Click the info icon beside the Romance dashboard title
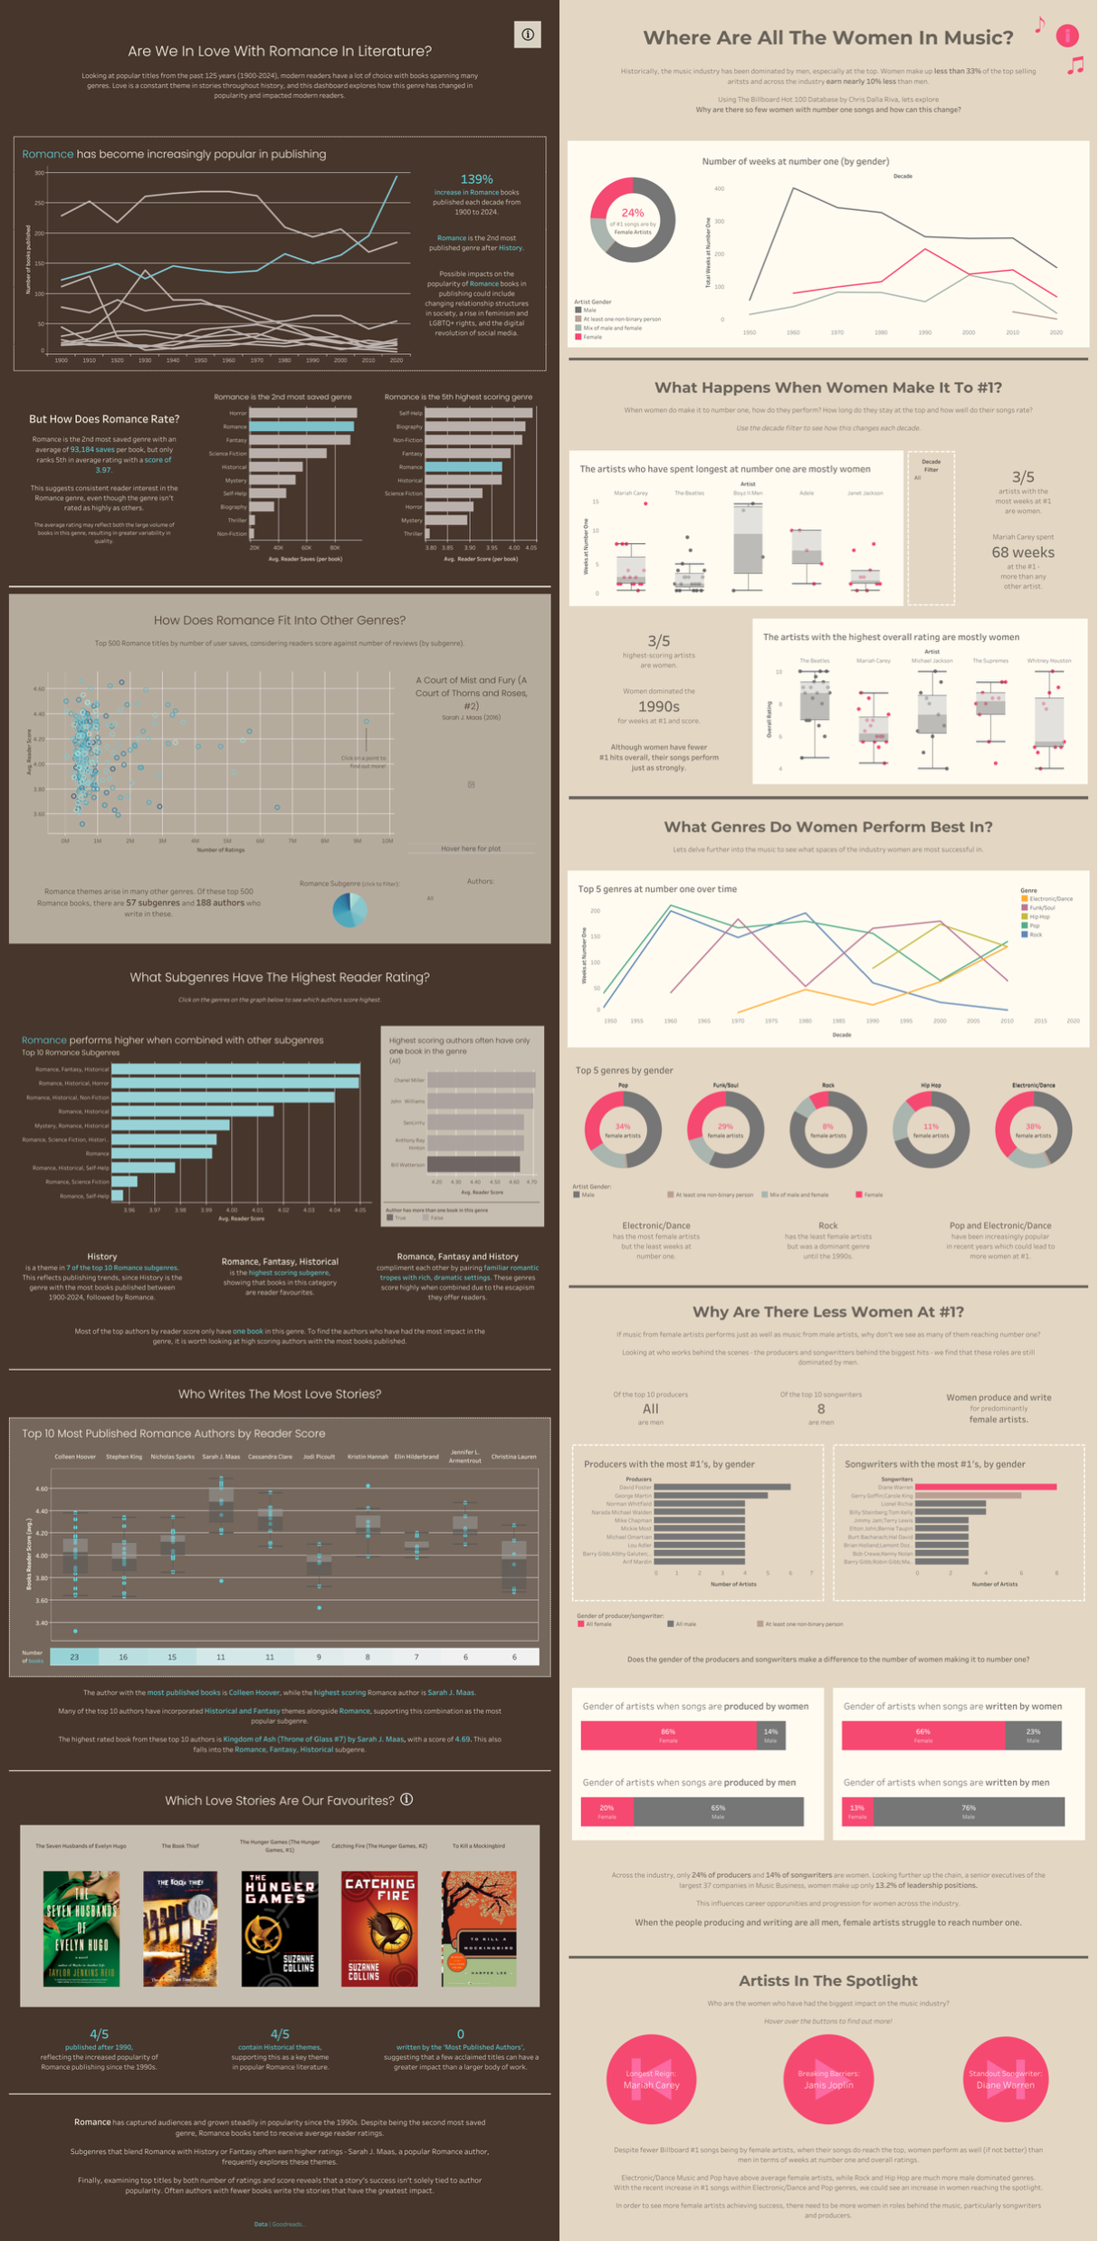528,34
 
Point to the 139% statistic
476,179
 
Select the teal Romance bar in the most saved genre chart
301,426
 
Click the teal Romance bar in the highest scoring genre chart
463,467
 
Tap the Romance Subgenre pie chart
349,910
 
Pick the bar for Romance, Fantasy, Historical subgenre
235,1069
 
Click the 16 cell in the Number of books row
123,1657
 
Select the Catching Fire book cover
379,1929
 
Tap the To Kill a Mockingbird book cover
478,1929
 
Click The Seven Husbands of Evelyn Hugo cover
81,1929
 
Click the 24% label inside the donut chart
632,213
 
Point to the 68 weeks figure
1023,552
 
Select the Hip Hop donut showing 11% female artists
931,1129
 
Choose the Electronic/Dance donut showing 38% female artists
1033,1129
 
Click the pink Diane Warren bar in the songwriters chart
986,1487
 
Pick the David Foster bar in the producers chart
722,1487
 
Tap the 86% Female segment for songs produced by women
668,1735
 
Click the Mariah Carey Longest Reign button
652,2080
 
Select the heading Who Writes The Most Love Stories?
280,1393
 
